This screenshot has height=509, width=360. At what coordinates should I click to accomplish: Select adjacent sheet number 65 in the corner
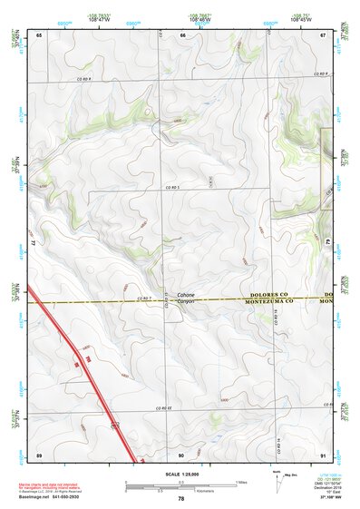[x=39, y=34]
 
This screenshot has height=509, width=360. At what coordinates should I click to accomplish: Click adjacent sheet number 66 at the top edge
[x=182, y=34]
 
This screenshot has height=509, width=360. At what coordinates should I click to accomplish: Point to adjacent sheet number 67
[x=323, y=34]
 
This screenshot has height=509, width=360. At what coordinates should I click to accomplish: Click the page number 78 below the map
[x=181, y=499]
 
